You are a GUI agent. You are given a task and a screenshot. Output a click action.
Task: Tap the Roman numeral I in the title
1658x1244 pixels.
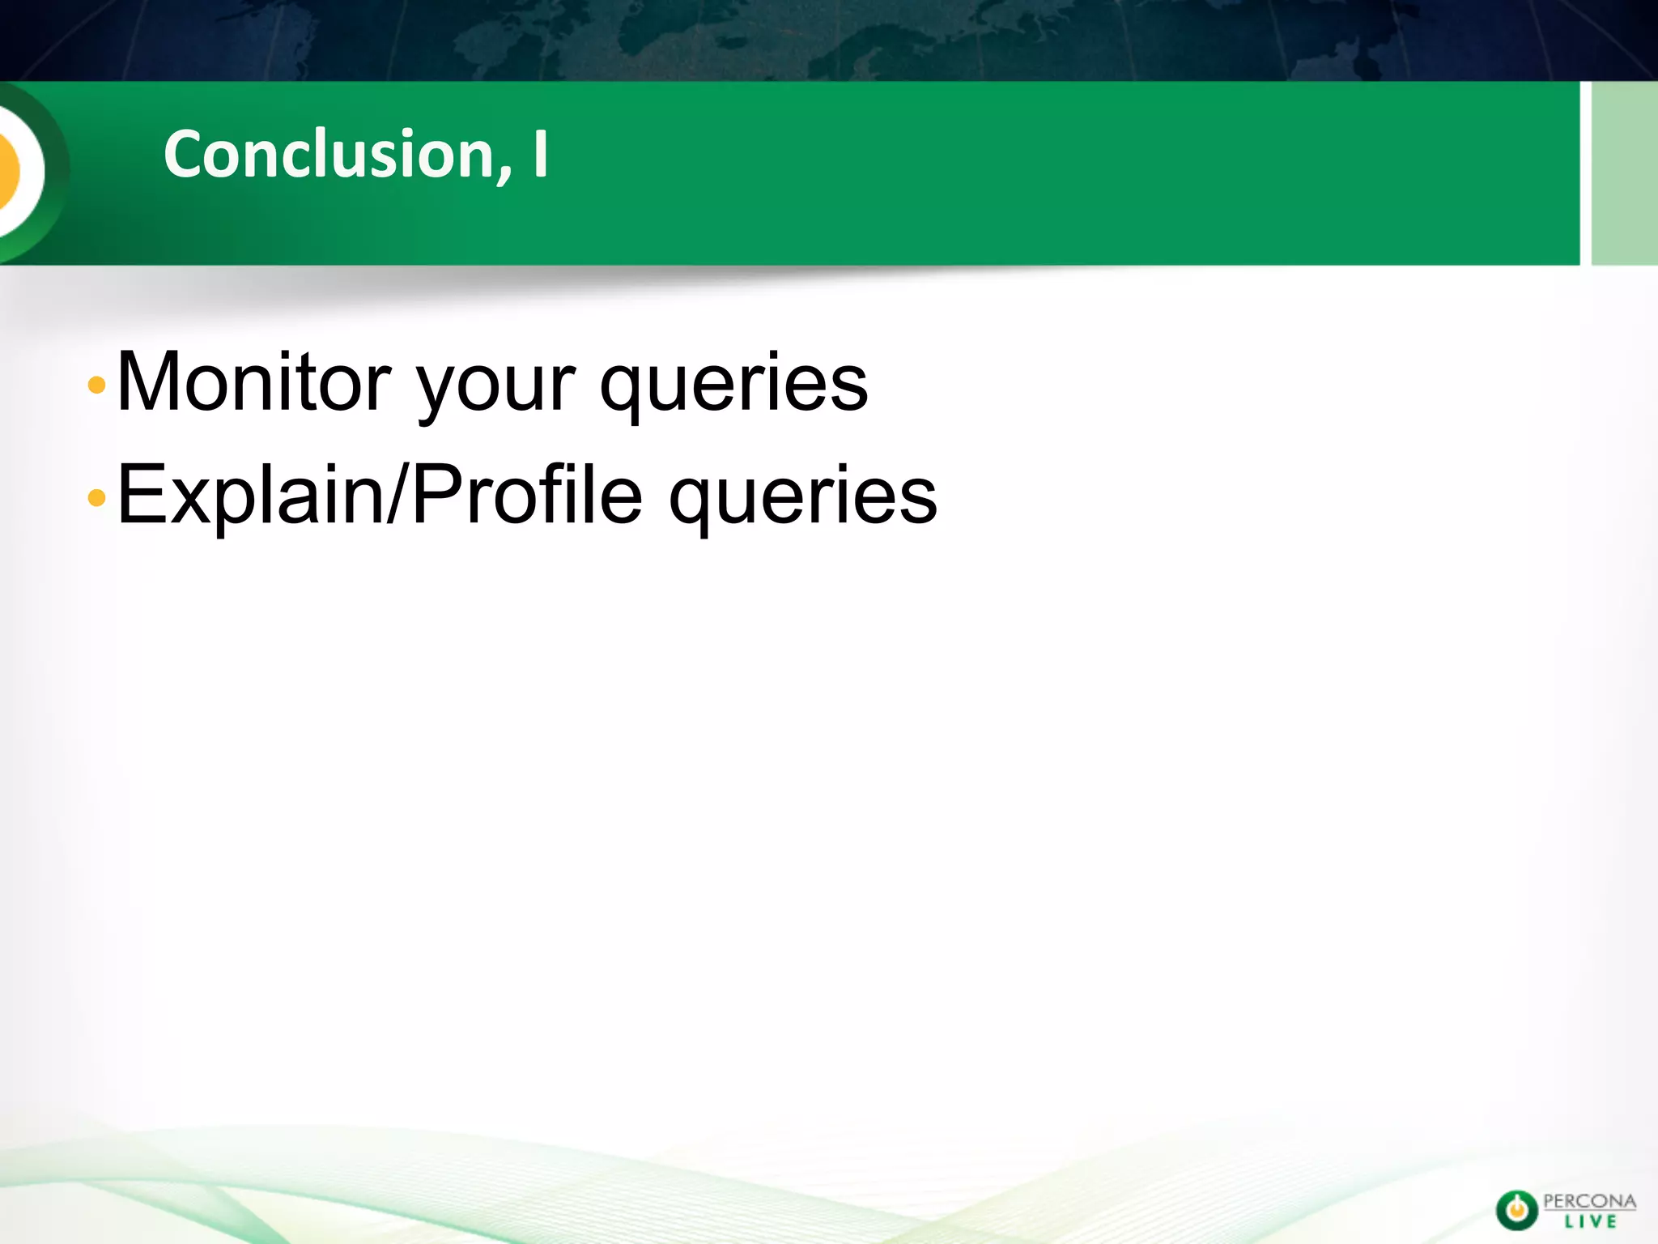tap(540, 154)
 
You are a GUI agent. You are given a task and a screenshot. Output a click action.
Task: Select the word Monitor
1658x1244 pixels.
tap(254, 382)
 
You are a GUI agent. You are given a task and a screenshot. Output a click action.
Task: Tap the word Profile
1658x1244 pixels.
tap(527, 494)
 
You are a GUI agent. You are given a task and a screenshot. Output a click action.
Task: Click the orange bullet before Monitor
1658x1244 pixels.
tap(96, 385)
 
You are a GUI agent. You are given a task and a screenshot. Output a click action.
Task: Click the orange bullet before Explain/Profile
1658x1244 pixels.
tap(96, 497)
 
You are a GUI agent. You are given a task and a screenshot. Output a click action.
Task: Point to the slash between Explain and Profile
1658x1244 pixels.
tap(397, 494)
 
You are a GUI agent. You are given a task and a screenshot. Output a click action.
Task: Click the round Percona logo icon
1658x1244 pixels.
tap(1516, 1211)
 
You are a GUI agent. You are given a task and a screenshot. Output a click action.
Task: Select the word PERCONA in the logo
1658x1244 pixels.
tap(1589, 1201)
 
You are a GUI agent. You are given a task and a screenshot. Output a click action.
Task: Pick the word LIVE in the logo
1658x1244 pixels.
tap(1590, 1222)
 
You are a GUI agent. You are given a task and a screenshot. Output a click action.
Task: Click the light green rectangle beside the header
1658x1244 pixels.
tap(1624, 173)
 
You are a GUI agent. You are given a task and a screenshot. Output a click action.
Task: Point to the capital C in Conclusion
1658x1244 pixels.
tap(185, 154)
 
